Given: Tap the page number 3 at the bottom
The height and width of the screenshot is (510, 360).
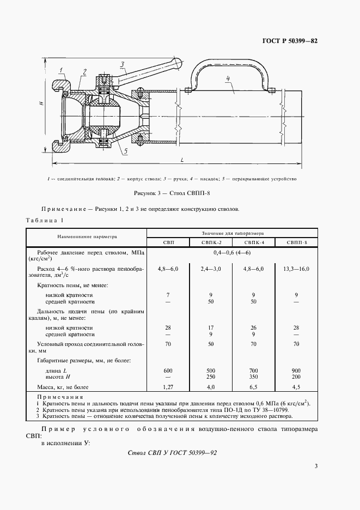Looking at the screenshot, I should (x=316, y=465).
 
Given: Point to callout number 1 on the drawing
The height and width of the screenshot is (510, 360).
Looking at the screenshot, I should (x=63, y=68).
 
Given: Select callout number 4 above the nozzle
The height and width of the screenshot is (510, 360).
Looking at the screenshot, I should (x=229, y=79).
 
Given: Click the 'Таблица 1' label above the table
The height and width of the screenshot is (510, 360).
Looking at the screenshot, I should (x=45, y=220).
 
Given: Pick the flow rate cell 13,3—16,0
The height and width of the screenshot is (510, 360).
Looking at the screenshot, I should (x=296, y=269).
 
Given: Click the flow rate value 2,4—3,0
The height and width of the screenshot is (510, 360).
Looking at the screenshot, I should (x=210, y=269).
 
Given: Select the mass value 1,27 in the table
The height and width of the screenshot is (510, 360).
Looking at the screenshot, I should (x=168, y=387).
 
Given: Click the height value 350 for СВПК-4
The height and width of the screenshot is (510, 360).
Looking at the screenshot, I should (x=253, y=376).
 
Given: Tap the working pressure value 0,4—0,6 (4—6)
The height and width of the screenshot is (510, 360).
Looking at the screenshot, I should (x=232, y=253).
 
